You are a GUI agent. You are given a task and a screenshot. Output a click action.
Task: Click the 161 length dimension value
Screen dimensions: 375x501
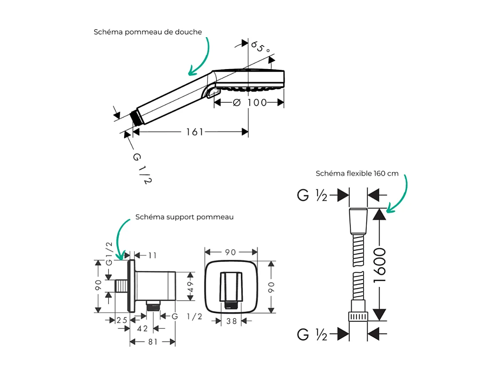pos(194,132)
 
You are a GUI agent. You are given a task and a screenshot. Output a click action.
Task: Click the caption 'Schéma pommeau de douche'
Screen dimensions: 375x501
pos(148,32)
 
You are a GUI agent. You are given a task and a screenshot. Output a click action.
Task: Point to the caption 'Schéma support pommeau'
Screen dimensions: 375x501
pos(184,217)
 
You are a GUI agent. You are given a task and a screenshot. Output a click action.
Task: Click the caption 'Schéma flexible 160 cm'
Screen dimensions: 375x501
pos(357,174)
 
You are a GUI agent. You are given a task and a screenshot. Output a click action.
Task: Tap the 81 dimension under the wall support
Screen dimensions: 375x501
pos(153,342)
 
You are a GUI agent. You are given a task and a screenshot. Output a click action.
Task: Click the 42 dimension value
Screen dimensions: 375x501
pos(142,329)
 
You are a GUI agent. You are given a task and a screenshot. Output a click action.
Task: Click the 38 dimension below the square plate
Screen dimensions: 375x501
pos(231,321)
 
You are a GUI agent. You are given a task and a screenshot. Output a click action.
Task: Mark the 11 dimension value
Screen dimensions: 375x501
pos(153,255)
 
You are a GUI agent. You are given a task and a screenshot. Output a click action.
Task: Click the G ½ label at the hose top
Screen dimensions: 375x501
pos(312,195)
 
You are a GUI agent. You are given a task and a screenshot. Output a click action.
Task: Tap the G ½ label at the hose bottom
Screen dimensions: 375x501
pos(312,334)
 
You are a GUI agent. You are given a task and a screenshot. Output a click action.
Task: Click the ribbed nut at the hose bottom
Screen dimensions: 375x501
pos(358,316)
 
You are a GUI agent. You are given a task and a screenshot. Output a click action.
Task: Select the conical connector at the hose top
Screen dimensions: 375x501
pos(358,220)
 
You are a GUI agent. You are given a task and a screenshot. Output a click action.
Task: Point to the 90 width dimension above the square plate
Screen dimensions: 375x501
pos(231,252)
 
